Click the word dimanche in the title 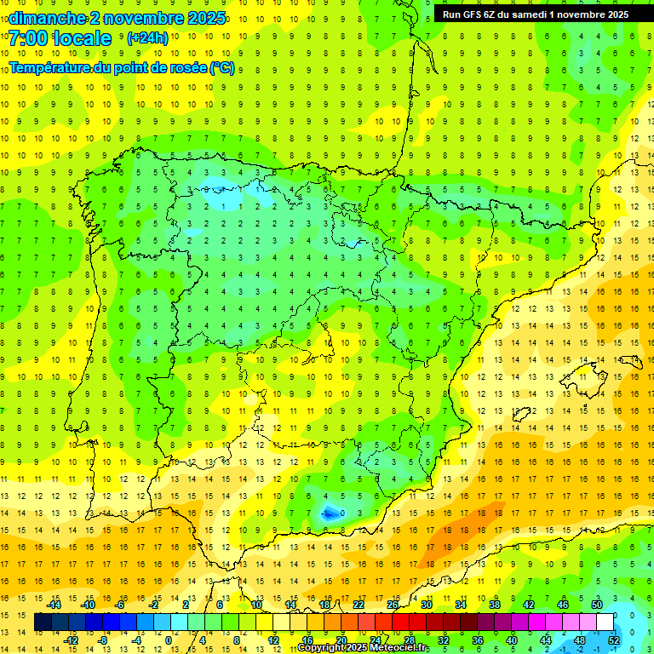[x=43, y=18]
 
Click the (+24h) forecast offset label [x=147, y=38]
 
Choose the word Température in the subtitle [x=50, y=68]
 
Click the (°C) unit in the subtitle [x=221, y=68]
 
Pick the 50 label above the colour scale [x=597, y=605]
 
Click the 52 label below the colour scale [x=614, y=640]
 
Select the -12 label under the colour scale [x=71, y=640]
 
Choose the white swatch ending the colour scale [x=605, y=622]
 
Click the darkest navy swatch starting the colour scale [x=43, y=622]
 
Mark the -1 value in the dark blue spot [x=328, y=513]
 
